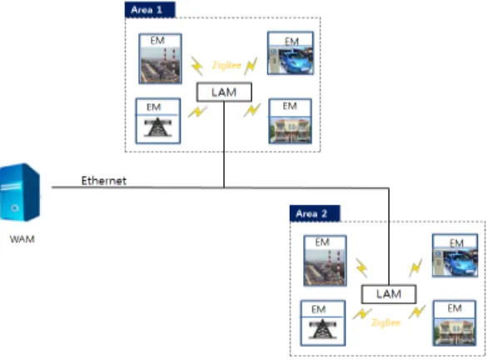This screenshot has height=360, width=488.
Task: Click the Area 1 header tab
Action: tap(150, 10)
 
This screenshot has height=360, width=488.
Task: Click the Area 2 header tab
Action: tap(315, 213)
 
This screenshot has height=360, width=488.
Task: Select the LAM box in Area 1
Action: tap(224, 92)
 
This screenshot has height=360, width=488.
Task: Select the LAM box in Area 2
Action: tap(389, 294)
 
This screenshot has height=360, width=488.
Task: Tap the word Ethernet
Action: tap(103, 181)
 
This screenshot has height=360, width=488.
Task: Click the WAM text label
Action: tap(22, 239)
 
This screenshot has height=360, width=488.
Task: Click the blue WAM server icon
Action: tap(20, 192)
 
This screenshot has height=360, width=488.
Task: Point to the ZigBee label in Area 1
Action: tap(227, 65)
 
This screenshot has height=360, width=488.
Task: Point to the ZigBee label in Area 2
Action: tap(386, 323)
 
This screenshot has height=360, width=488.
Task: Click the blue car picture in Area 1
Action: tap(291, 60)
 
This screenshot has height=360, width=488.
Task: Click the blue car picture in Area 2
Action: tap(455, 262)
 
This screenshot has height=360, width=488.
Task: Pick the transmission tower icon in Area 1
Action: tap(157, 127)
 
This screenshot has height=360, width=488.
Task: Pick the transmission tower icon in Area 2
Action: tap(323, 329)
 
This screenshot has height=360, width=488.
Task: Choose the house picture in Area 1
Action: tap(291, 130)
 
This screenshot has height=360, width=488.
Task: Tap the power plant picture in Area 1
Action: tap(160, 65)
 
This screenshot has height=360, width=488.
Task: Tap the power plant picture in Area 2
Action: tap(326, 267)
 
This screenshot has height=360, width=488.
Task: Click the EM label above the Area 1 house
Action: tap(290, 106)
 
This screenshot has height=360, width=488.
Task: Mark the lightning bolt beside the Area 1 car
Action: tap(251, 66)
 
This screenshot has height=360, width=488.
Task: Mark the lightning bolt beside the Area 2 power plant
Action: tap(361, 267)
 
